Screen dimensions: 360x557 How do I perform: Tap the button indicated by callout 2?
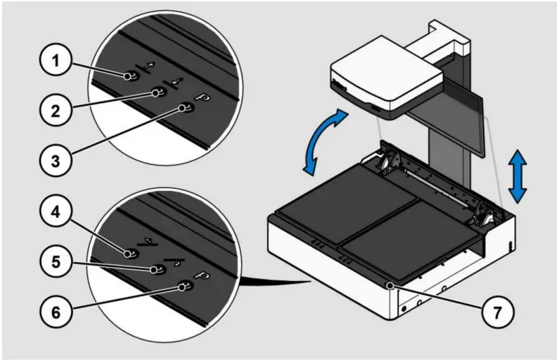click(157, 93)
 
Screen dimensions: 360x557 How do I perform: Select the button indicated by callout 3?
click(183, 108)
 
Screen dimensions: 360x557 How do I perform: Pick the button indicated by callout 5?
click(157, 269)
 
